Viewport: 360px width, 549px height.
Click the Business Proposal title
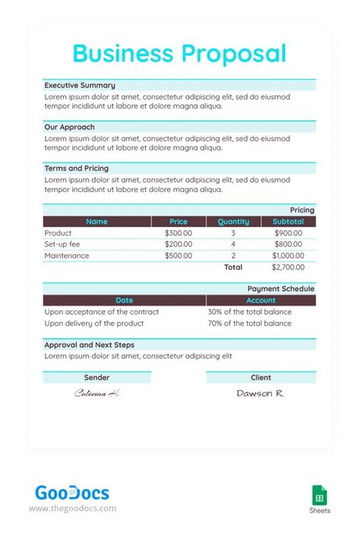click(179, 53)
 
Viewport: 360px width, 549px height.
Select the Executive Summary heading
click(80, 86)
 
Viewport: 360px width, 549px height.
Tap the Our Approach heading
click(69, 127)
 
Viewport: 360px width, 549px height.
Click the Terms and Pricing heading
click(76, 168)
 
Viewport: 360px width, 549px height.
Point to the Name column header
click(96, 222)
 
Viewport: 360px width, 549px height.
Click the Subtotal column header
click(288, 222)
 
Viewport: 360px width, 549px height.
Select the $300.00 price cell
click(178, 233)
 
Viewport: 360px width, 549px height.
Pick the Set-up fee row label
click(62, 245)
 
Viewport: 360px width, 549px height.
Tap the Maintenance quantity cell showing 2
click(233, 256)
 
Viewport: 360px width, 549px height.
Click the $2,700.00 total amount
click(288, 267)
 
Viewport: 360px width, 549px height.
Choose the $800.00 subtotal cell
click(288, 245)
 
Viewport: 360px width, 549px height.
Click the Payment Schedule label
click(280, 289)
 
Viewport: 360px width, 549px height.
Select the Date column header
click(124, 301)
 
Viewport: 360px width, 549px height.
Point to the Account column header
click(261, 301)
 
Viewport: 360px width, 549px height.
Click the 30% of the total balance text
click(249, 312)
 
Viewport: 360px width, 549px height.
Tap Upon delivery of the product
click(94, 323)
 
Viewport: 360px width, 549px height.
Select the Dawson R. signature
click(261, 393)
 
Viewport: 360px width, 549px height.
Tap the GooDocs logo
click(72, 494)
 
